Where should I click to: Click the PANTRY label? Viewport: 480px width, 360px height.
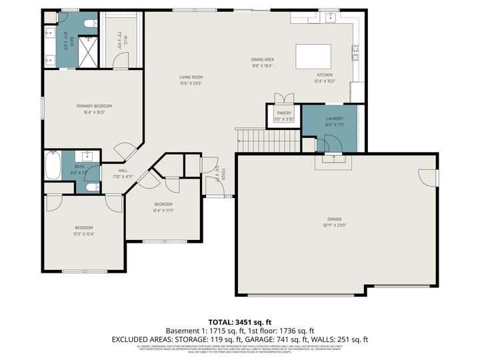tap(285, 114)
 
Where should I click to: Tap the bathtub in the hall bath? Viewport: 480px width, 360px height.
tap(53, 165)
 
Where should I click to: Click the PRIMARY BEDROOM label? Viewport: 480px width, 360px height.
tap(94, 106)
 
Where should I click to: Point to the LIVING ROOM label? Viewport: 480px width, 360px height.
tap(191, 77)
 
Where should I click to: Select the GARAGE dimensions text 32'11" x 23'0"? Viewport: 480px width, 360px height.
tap(334, 225)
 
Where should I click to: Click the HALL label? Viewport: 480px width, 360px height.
tap(123, 171)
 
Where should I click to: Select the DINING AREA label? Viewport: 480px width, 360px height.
tap(263, 60)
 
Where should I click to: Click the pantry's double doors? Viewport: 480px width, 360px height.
tap(285, 97)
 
